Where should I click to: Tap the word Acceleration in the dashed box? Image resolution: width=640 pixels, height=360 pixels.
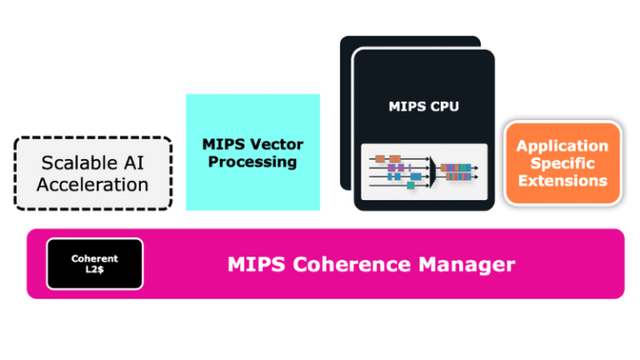[92, 184]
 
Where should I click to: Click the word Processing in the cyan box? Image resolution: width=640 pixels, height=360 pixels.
[252, 162]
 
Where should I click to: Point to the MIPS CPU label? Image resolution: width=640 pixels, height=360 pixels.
[423, 107]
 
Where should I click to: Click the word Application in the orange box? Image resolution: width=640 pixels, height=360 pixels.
[562, 146]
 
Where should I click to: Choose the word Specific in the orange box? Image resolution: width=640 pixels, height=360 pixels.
[562, 163]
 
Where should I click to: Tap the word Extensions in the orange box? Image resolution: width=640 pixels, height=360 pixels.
[562, 180]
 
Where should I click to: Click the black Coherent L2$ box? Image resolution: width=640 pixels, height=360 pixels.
[94, 264]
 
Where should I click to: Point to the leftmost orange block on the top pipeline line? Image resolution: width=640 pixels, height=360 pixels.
[380, 158]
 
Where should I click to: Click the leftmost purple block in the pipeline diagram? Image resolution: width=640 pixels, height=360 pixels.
[392, 167]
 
